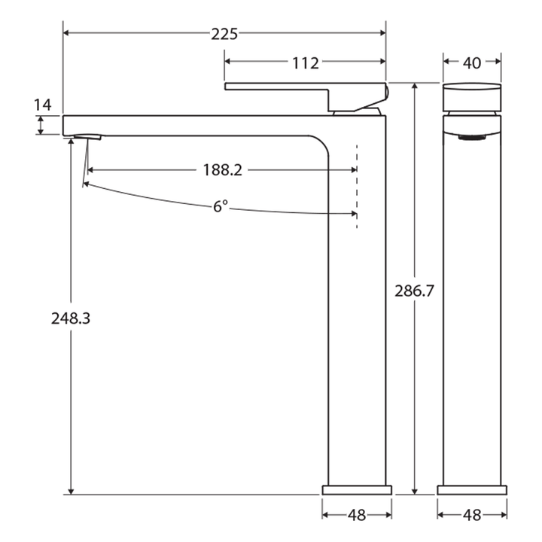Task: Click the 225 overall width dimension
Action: (x=224, y=33)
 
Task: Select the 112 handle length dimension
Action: (x=305, y=63)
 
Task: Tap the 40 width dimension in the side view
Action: (x=472, y=63)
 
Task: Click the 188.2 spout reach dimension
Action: (x=222, y=170)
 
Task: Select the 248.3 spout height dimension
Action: (x=71, y=318)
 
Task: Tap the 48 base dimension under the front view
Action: (x=357, y=516)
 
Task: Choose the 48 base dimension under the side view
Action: (x=472, y=516)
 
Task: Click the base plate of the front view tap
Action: (x=357, y=490)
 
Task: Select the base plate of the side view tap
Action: (x=472, y=490)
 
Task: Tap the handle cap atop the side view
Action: (x=472, y=96)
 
